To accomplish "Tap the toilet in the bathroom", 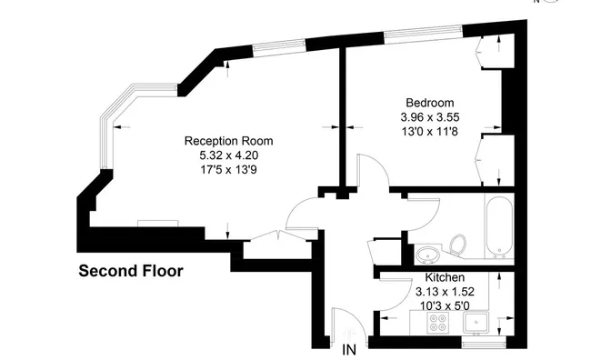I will click(457, 245).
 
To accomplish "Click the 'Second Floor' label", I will click(131, 271).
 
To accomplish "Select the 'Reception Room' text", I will click(228, 141).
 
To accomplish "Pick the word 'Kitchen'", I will click(446, 277).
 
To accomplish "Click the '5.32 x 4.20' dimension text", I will click(228, 155).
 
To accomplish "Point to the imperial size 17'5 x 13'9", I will click(228, 170).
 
